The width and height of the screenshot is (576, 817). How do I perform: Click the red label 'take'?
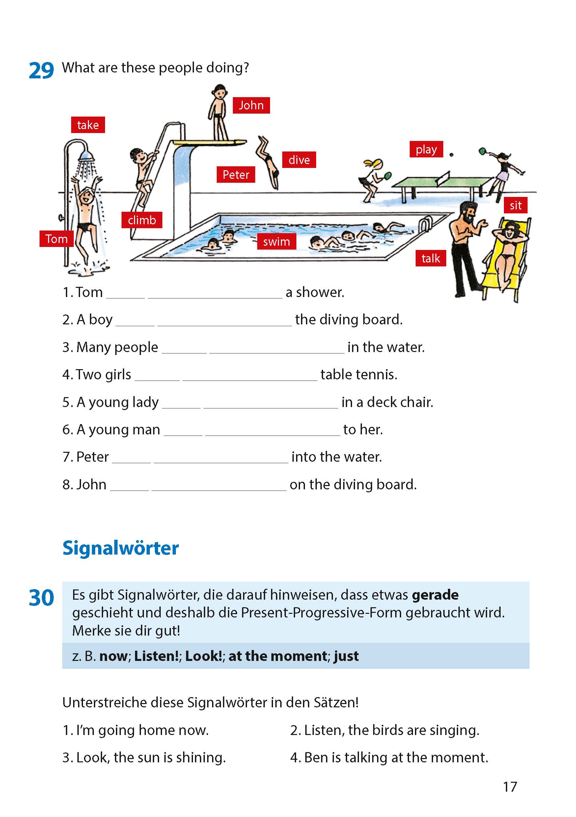[x=88, y=125]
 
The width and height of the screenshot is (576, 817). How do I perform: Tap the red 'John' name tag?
[x=251, y=105]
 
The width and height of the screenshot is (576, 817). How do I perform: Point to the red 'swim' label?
[x=276, y=242]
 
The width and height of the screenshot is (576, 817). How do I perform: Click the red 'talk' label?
[x=430, y=258]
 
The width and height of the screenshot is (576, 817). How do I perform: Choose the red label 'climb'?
[x=142, y=220]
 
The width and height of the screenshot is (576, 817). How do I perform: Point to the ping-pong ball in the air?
[x=452, y=154]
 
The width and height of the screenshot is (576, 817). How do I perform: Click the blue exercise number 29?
[x=41, y=70]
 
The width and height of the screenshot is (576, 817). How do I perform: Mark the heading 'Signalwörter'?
[x=120, y=548]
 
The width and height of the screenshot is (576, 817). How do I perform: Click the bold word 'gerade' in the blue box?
[x=435, y=595]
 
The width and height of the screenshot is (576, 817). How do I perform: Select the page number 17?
[x=509, y=786]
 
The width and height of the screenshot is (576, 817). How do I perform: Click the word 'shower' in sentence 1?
[x=320, y=292]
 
